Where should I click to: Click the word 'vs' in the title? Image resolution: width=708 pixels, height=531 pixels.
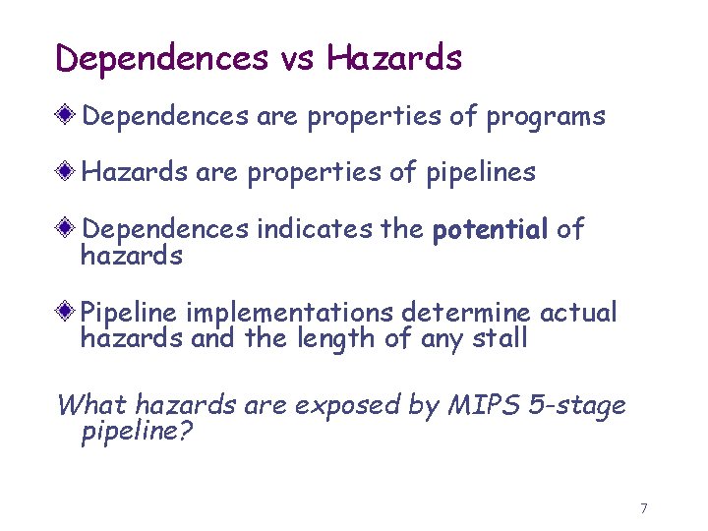coord(297,58)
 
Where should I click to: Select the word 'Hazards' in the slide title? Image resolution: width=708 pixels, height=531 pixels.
coord(394,58)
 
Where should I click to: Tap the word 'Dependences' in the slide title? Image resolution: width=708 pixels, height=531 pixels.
coord(162,58)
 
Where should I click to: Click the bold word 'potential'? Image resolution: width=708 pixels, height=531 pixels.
coord(490,230)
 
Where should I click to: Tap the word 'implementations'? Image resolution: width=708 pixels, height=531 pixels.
coord(290,314)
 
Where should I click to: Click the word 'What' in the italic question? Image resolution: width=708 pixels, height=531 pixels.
coord(91,405)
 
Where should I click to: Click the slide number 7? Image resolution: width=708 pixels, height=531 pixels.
coord(644,508)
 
